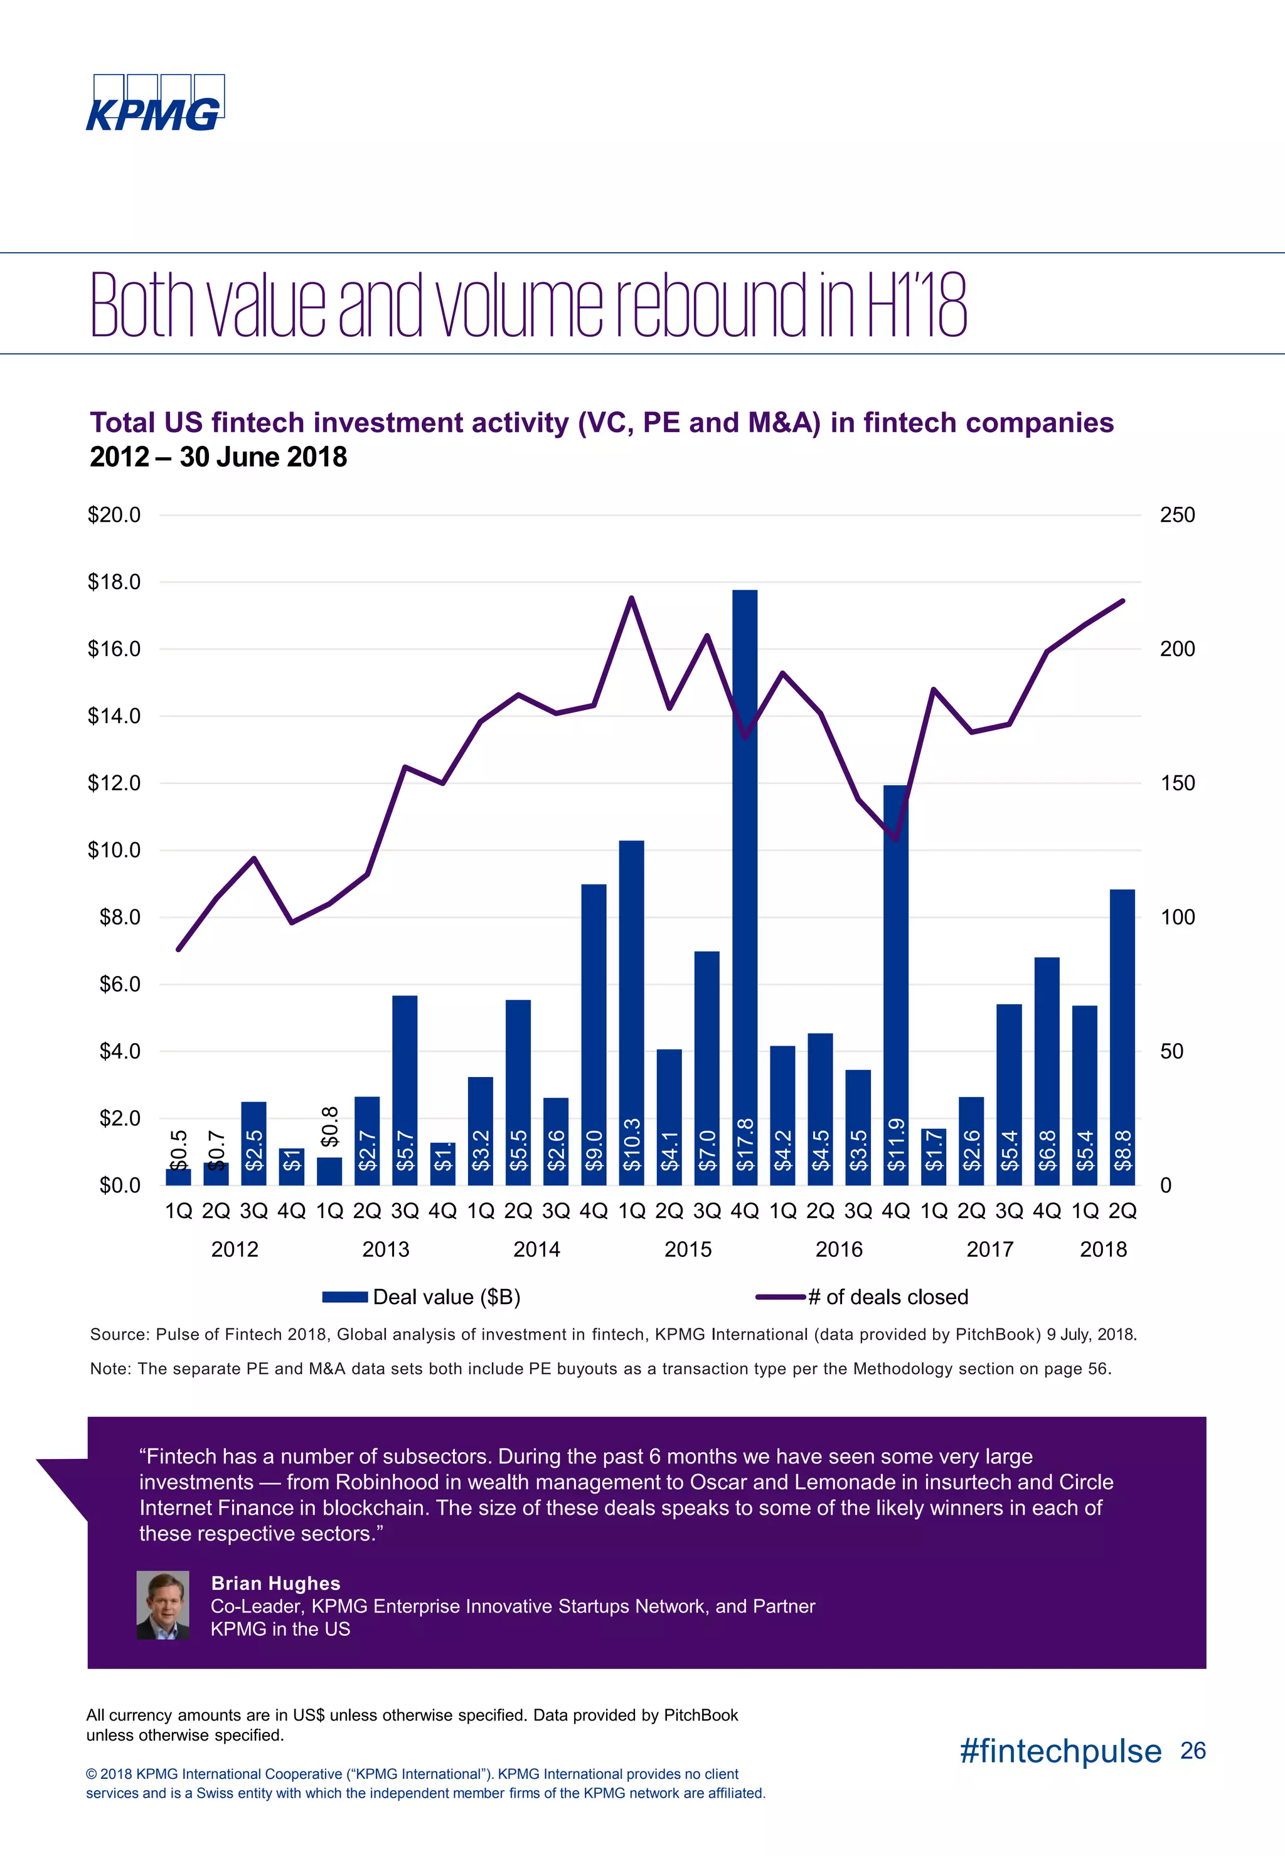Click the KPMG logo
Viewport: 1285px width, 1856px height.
(x=154, y=103)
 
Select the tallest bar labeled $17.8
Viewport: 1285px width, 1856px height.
(x=745, y=885)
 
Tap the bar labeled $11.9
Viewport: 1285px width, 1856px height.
(x=895, y=982)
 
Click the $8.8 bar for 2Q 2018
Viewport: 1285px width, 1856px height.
(x=1122, y=1038)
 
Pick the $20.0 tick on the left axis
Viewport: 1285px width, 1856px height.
(x=114, y=515)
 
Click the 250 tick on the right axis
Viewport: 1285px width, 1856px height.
(x=1176, y=515)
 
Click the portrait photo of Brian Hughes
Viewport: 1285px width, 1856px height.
(x=163, y=1605)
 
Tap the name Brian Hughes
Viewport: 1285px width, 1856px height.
(x=275, y=1583)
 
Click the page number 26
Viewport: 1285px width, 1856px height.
(x=1192, y=1751)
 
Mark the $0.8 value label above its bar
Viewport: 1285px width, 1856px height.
(x=329, y=1126)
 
